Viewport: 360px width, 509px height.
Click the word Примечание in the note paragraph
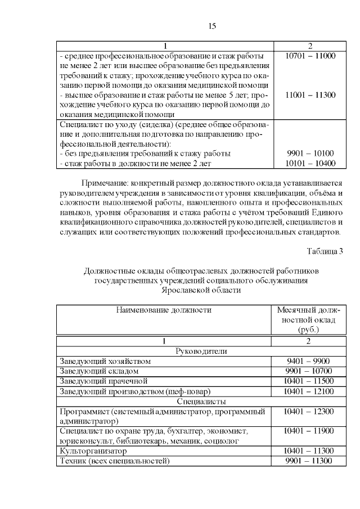pyautogui.click(x=105, y=183)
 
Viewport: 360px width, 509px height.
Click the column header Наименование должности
pyautogui.click(x=164, y=310)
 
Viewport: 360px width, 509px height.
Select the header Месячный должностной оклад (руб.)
pyautogui.click(x=309, y=319)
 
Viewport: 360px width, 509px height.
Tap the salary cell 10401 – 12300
pyautogui.click(x=309, y=412)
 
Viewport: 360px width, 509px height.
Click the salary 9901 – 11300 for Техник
pyautogui.click(x=309, y=461)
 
